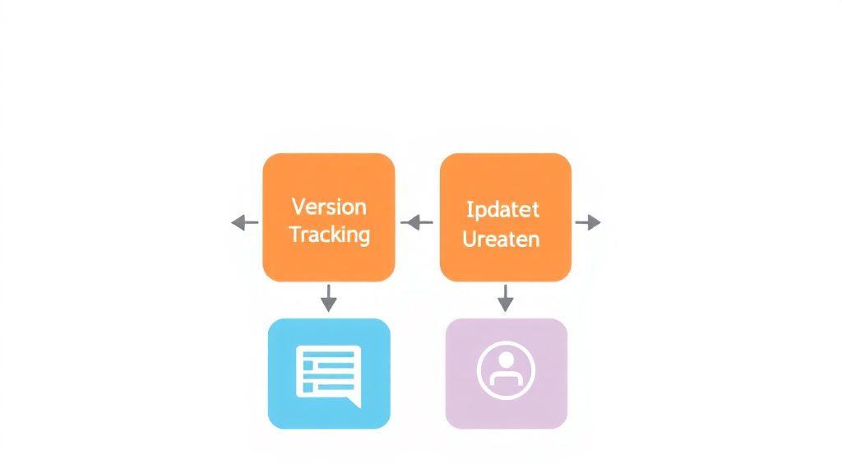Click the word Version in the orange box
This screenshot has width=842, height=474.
point(329,207)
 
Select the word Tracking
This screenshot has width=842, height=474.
point(329,235)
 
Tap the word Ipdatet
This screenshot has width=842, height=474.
point(502,210)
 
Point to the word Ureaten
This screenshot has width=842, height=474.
point(501,239)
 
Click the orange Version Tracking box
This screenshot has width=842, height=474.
point(329,217)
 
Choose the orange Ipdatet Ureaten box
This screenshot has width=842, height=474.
point(506,217)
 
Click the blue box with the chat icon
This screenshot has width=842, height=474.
point(329,374)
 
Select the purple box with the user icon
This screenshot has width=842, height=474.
point(507,374)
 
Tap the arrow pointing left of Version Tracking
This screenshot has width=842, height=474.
point(245,222)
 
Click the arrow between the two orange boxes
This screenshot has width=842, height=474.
point(417,222)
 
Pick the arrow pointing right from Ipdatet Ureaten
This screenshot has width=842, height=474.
point(588,222)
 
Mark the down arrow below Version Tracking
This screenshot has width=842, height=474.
point(329,298)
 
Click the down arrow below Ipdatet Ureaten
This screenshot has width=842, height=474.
point(506,298)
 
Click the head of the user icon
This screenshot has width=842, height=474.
point(506,360)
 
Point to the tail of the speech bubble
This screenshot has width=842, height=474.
point(354,402)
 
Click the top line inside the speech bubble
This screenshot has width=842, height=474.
point(329,354)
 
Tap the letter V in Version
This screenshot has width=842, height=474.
point(298,207)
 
